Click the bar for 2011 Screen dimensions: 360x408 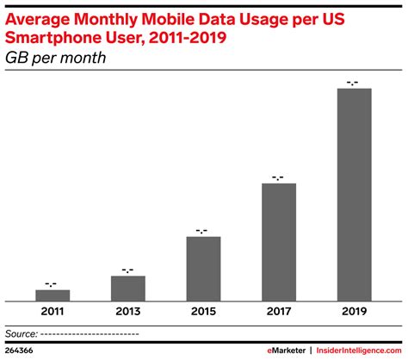(53, 295)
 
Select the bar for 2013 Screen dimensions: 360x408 (127, 288)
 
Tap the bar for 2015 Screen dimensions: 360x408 (203, 268)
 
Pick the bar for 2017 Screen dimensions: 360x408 (278, 241)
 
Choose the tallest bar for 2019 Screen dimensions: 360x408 (353, 194)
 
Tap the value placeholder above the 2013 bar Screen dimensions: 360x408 (127, 270)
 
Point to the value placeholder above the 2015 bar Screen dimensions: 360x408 (203, 231)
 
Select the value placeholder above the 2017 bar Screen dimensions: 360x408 (278, 177)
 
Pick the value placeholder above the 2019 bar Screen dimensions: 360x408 (353, 83)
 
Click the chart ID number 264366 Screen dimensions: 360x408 (20, 350)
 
